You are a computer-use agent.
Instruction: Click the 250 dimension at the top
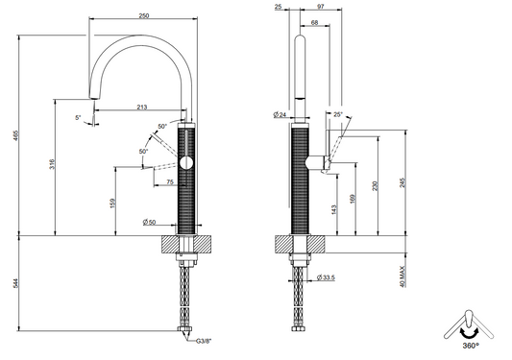point(144,15)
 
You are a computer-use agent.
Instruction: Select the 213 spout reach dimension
point(142,107)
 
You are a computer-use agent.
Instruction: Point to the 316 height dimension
point(52,164)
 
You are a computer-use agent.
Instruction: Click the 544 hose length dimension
point(15,283)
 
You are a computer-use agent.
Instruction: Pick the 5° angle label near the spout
point(78,117)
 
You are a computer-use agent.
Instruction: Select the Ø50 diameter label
point(149,223)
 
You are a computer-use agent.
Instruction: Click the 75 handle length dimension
point(170,182)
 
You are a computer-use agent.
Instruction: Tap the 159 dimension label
point(113,204)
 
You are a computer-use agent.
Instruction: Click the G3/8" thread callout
point(204,341)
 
